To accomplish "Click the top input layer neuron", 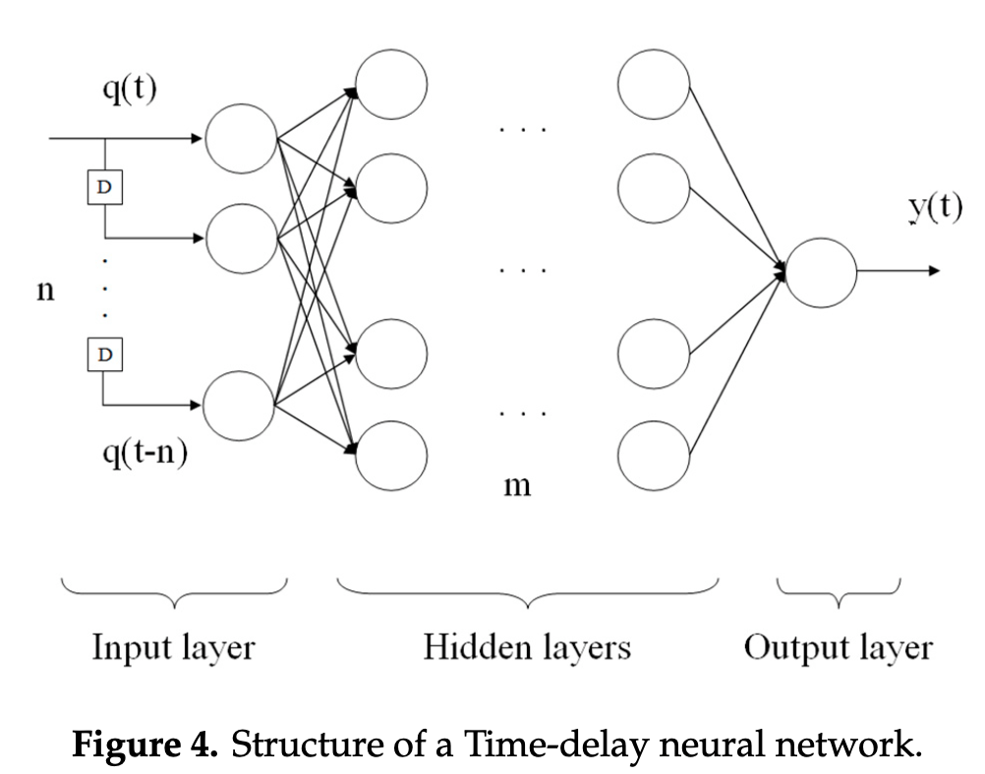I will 241,139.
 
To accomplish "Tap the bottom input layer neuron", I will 239,404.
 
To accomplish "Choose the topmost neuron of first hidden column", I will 391,83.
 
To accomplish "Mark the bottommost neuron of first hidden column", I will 391,455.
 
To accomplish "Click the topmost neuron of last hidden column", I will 654,83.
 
